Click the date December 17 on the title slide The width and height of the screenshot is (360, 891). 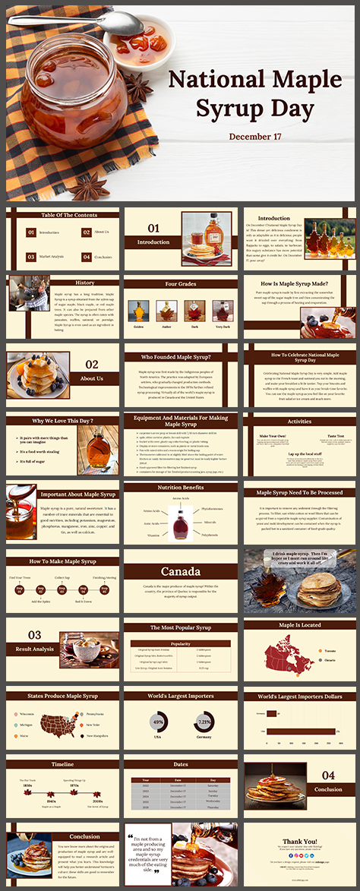[255, 137]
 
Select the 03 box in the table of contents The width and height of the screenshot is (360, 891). [31, 257]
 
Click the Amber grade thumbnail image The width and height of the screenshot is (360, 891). [166, 310]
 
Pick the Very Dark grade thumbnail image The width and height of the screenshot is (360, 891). [222, 310]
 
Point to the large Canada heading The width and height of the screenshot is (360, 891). [181, 571]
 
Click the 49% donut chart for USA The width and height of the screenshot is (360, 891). [159, 721]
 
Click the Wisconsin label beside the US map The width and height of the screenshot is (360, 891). [27, 714]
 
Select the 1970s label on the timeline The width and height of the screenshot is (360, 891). [75, 786]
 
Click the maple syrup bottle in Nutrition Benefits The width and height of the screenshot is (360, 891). [180, 524]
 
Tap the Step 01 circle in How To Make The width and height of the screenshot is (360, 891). [21, 589]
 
